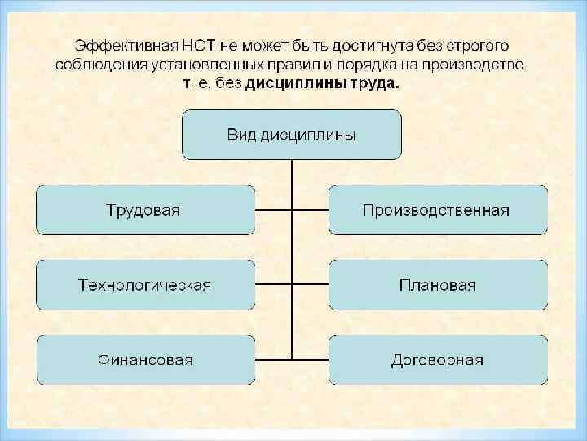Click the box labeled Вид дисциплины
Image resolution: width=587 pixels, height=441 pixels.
[x=291, y=135]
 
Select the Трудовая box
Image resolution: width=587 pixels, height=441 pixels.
[x=145, y=210]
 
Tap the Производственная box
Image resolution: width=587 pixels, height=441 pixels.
[x=437, y=210]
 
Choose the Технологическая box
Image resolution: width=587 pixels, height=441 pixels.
[x=145, y=285]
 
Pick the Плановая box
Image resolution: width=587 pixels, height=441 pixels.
[x=437, y=285]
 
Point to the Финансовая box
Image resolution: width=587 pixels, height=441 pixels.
[x=145, y=359]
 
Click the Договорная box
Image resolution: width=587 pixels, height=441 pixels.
[x=437, y=359]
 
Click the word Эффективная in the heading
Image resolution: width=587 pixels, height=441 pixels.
[x=120, y=46]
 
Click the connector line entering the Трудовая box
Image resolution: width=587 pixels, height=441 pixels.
[x=273, y=210]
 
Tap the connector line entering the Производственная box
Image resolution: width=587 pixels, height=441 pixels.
[x=310, y=210]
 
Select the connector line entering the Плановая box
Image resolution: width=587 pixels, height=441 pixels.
[x=310, y=285]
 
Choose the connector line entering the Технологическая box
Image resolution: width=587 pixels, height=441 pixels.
[x=273, y=285]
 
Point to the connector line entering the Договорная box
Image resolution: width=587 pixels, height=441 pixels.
[x=310, y=359]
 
